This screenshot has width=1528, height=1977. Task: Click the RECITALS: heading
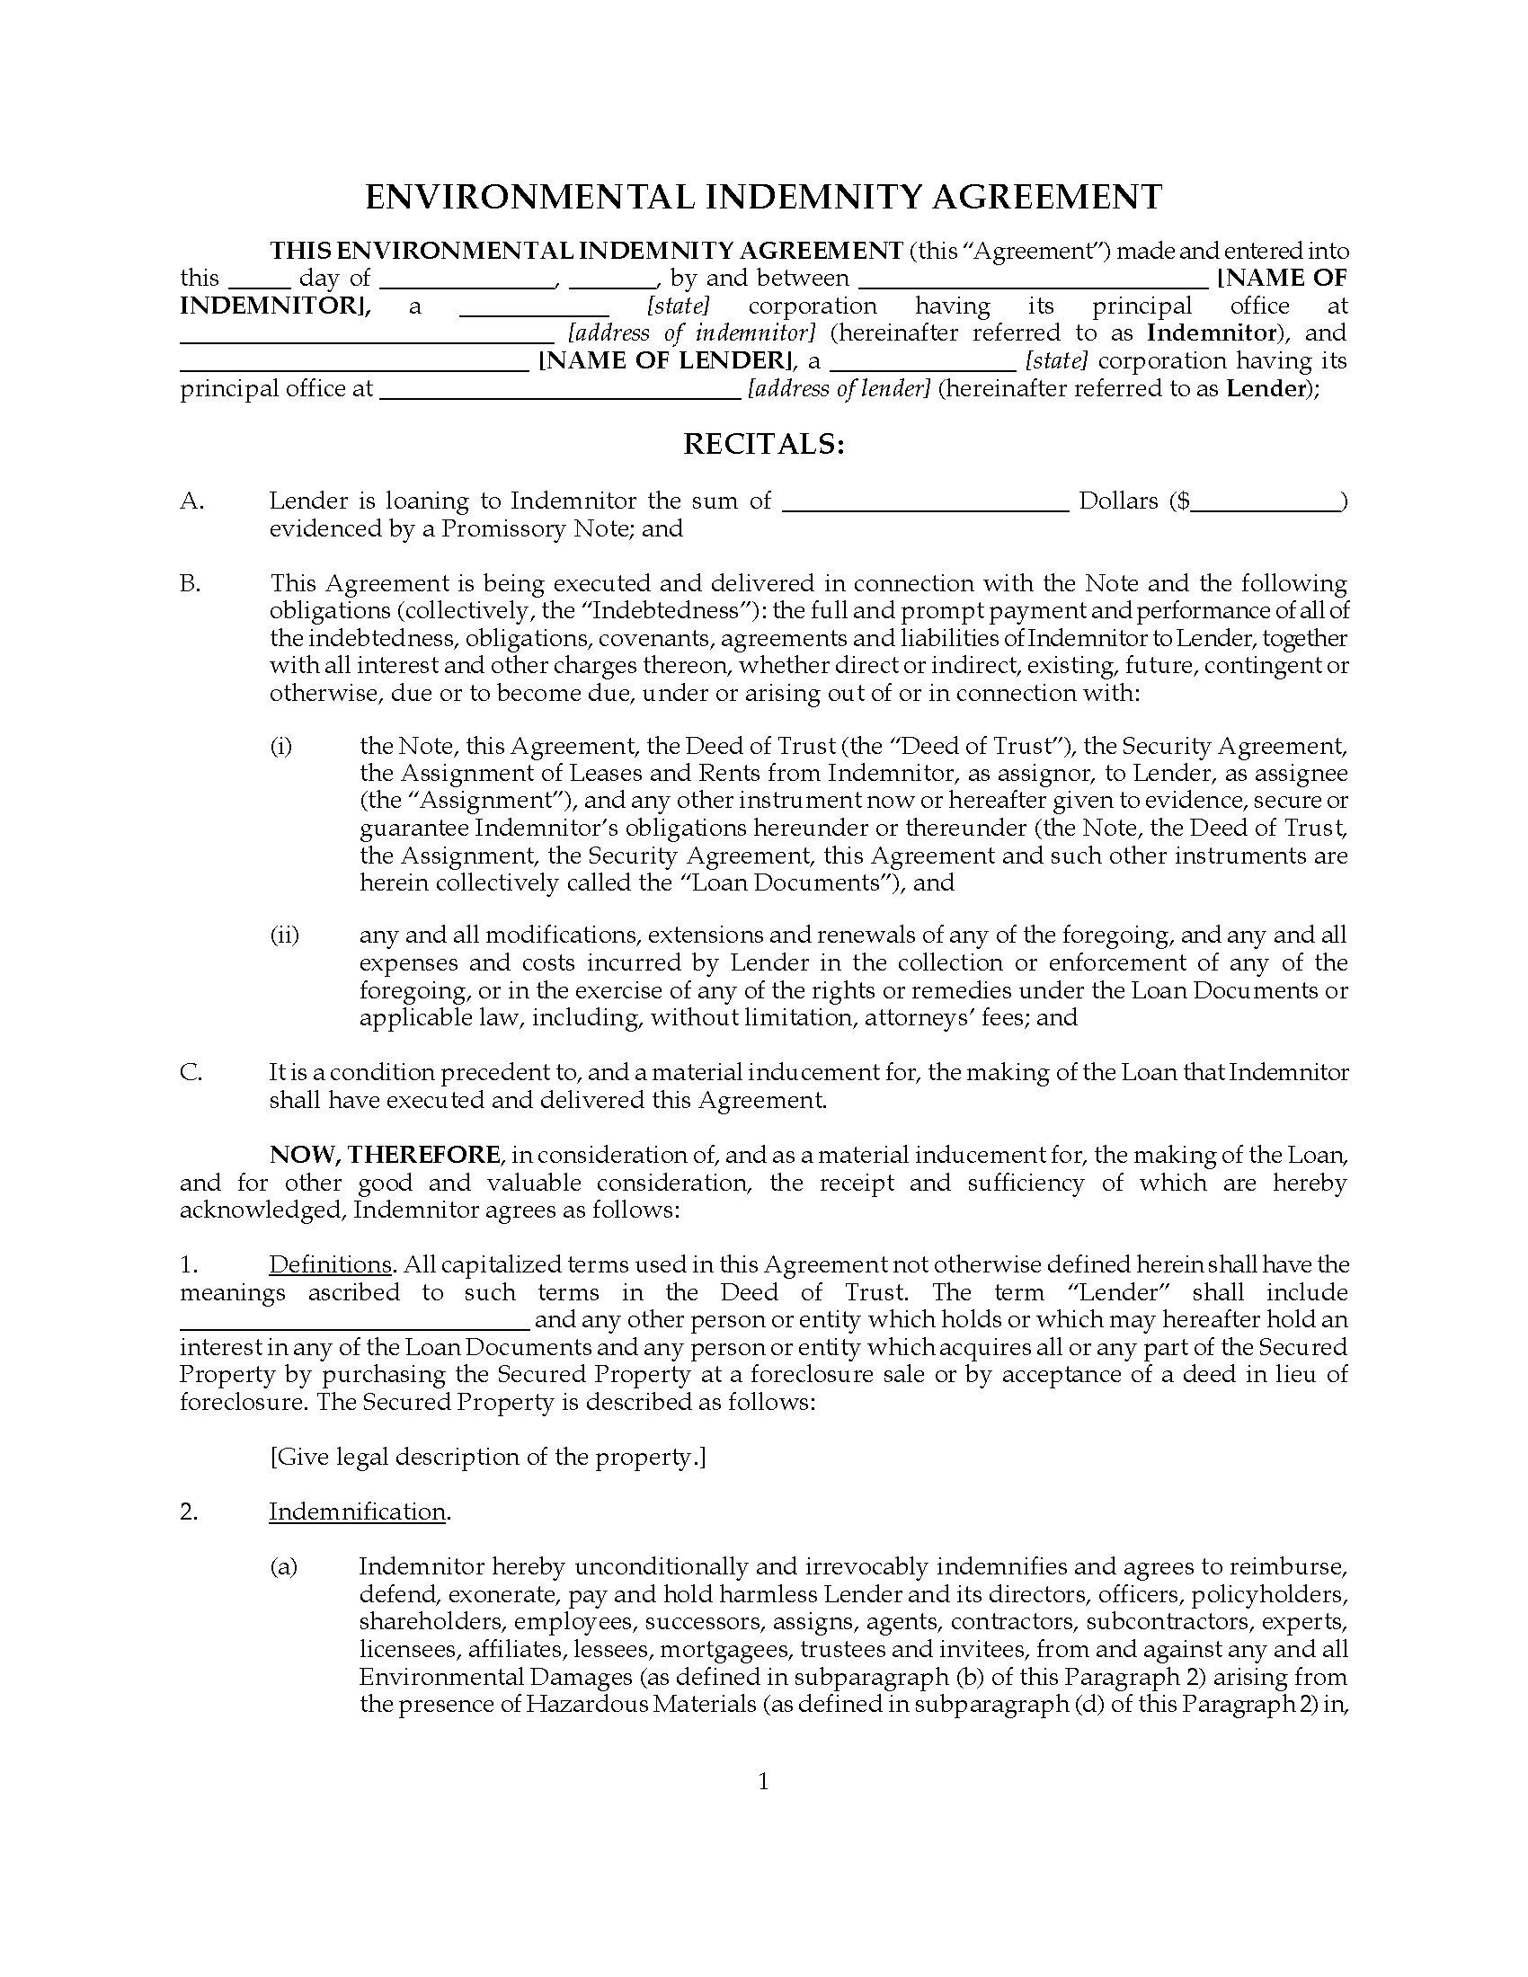tap(763, 445)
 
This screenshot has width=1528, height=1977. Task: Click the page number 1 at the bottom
tap(763, 1782)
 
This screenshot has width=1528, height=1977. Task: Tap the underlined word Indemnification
tap(357, 1512)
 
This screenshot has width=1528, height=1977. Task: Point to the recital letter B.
tap(191, 583)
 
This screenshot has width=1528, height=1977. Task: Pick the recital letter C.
tap(191, 1073)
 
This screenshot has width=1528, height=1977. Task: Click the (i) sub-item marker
tap(280, 747)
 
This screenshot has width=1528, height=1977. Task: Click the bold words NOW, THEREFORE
tap(385, 1155)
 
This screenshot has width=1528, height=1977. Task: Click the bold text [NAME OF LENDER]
tap(668, 360)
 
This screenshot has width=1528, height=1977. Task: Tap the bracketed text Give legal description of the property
tap(487, 1457)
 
